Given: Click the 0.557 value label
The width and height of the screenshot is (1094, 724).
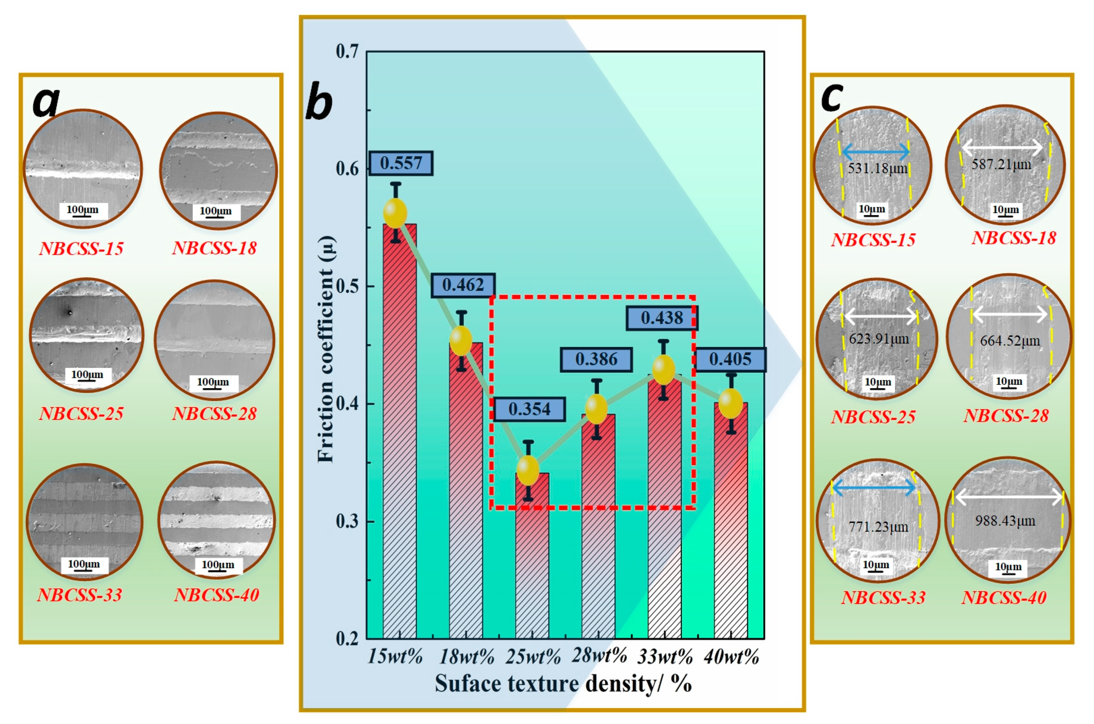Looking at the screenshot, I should pyautogui.click(x=400, y=163).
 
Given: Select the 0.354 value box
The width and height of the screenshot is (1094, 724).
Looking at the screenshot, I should pyautogui.click(x=529, y=409).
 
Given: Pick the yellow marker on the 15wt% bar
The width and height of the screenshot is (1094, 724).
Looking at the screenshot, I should pyautogui.click(x=395, y=213).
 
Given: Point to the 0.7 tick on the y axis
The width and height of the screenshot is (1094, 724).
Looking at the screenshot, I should pyautogui.click(x=347, y=52).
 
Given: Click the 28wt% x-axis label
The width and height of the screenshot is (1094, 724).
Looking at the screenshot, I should pyautogui.click(x=599, y=655).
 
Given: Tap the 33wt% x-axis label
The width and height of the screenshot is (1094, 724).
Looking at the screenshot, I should pyautogui.click(x=665, y=656).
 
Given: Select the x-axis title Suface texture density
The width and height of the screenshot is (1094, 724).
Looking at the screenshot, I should pyautogui.click(x=563, y=684).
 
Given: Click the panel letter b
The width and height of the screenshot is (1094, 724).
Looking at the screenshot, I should pyautogui.click(x=319, y=102).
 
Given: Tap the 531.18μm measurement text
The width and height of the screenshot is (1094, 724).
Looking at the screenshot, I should pyautogui.click(x=877, y=169).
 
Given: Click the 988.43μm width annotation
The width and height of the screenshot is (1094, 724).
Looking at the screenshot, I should pyautogui.click(x=1005, y=521).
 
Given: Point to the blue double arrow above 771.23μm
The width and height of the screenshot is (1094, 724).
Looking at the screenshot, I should pyautogui.click(x=873, y=487).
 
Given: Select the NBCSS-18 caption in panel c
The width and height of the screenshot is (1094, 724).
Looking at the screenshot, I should pyautogui.click(x=1014, y=238).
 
